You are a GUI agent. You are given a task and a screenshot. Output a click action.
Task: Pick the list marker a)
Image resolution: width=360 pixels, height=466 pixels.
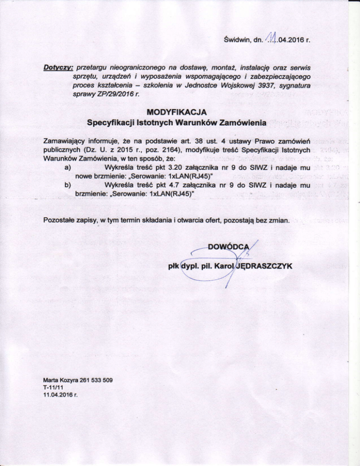tap(68, 168)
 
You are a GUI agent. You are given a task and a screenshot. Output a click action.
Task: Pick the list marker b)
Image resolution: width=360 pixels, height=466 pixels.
tap(68, 187)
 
